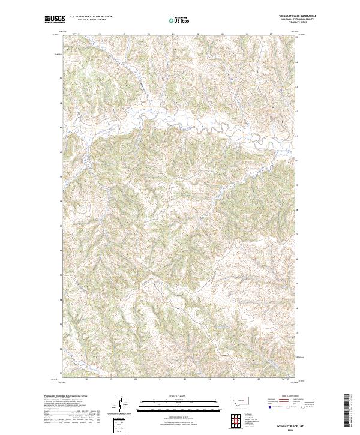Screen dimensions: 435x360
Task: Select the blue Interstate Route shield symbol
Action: click(x=269, y=406)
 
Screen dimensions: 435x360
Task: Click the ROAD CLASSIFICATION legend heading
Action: click(x=290, y=397)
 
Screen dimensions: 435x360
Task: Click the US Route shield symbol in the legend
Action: click(x=289, y=406)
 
